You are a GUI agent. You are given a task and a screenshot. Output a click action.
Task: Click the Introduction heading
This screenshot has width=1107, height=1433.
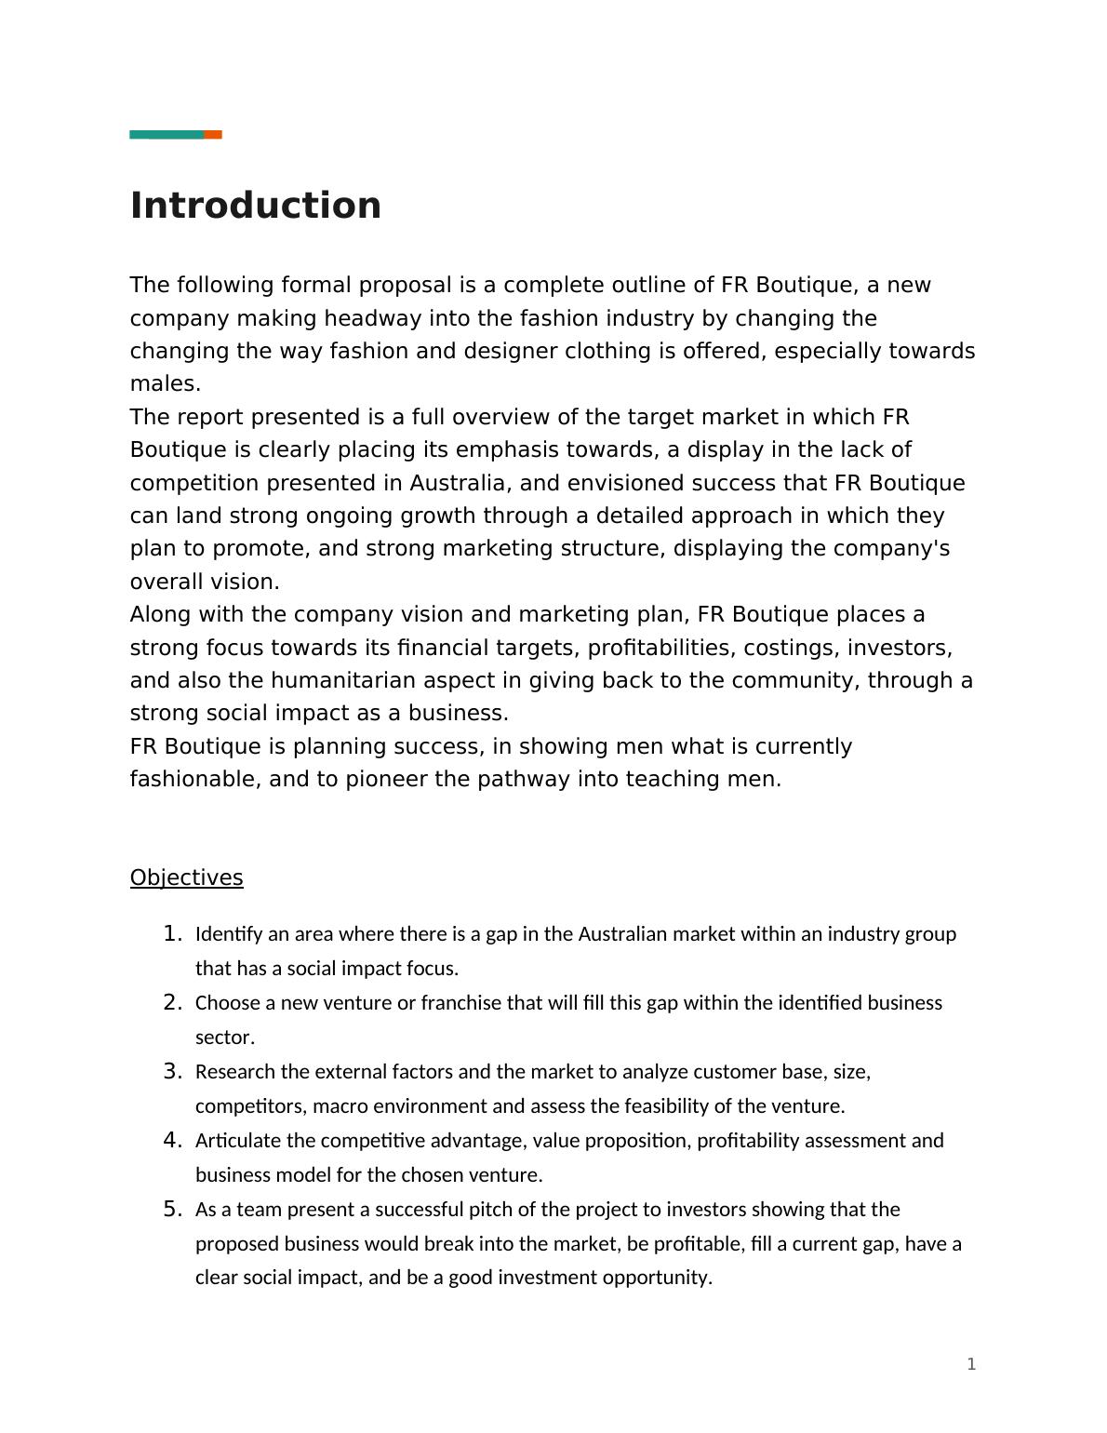pyautogui.click(x=256, y=206)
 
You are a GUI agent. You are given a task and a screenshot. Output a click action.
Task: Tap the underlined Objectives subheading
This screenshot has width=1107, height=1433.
pyautogui.click(x=186, y=877)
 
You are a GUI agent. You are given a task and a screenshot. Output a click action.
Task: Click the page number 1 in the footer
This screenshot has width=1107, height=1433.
pyautogui.click(x=971, y=1364)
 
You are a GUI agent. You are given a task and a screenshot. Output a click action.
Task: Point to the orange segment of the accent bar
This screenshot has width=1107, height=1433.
pyautogui.click(x=213, y=135)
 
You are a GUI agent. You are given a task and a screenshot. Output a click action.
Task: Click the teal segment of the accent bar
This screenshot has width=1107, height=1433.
pyautogui.click(x=167, y=135)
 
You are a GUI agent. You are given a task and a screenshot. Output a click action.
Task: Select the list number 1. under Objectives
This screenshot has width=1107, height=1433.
pyautogui.click(x=172, y=933)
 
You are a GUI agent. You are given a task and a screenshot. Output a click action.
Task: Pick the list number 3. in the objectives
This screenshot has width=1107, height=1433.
pyautogui.click(x=172, y=1071)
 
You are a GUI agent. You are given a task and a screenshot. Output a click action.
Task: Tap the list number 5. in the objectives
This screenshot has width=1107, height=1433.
pyautogui.click(x=172, y=1209)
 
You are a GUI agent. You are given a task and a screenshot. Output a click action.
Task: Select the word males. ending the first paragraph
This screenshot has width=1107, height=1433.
pyautogui.click(x=166, y=383)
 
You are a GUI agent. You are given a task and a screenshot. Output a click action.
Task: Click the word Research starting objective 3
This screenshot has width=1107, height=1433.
pyautogui.click(x=235, y=1072)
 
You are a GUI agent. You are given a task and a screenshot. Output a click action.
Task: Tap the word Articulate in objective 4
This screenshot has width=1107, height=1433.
pyautogui.click(x=238, y=1141)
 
